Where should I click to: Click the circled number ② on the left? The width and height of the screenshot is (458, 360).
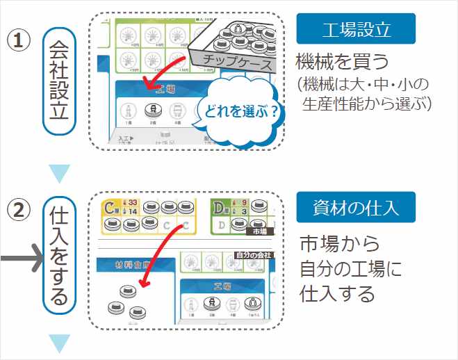point(20,209)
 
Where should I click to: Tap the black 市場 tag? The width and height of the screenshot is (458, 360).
point(259,231)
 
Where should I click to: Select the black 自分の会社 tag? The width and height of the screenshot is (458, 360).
point(254,255)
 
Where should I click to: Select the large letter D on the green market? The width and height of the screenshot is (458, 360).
point(218,208)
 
